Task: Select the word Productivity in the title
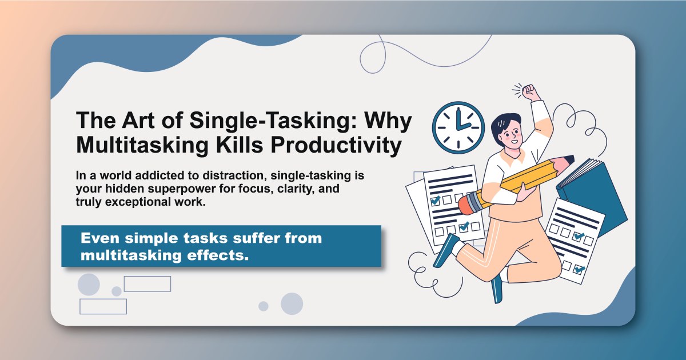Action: [x=335, y=145]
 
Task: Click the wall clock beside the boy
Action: [x=458, y=127]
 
